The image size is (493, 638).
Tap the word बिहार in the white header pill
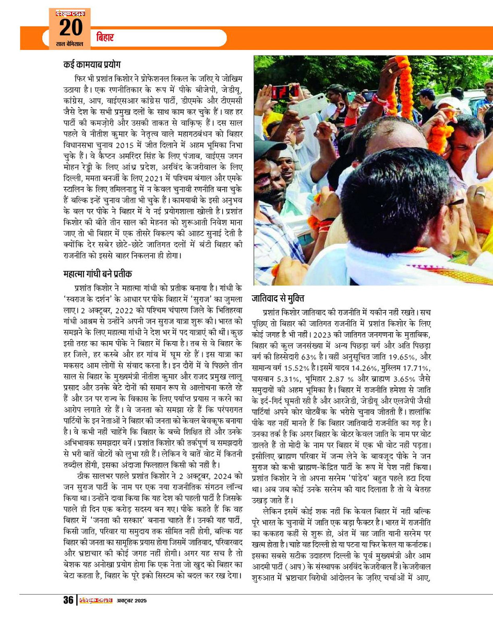(105, 38)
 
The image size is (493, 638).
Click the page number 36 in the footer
(68, 600)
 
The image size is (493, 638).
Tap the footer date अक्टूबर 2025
(131, 600)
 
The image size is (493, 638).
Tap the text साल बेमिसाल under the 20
(70, 44)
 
